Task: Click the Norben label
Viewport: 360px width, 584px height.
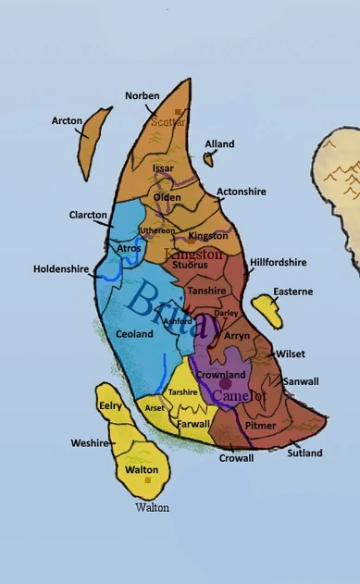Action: point(143,96)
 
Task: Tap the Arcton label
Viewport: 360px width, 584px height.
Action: point(67,120)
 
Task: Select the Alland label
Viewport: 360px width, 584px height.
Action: point(219,144)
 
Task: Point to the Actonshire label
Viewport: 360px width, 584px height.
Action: point(241,192)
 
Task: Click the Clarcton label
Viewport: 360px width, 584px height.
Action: point(88,215)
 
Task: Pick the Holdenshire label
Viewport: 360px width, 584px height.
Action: point(61,269)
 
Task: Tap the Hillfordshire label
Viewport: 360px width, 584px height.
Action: point(278,262)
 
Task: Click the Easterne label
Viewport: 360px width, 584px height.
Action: point(292,292)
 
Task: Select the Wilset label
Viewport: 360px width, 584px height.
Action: point(291,354)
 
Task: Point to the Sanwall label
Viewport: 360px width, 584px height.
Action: point(301,380)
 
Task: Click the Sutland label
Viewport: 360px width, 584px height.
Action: point(304,454)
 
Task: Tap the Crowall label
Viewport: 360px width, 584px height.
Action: point(236,458)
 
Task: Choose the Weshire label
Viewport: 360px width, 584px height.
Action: point(90,443)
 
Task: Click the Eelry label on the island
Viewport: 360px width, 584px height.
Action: point(110,405)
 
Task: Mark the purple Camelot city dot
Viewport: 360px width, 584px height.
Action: point(224,383)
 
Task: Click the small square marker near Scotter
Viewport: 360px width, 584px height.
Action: point(179,112)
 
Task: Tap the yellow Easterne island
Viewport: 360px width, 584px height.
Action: point(262,309)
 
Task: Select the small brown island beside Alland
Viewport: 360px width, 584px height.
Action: point(209,159)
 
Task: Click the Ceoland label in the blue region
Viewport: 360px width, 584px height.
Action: point(134,333)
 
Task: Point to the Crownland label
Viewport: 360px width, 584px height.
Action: point(222,374)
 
